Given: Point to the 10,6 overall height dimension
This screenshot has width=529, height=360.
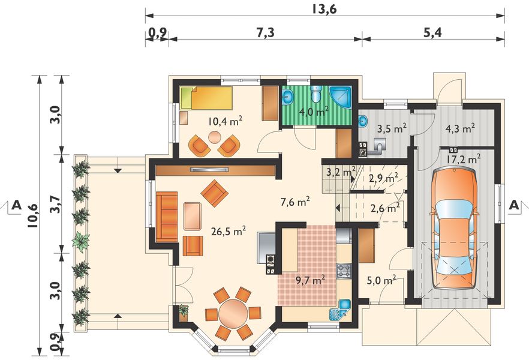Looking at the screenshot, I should [34, 217].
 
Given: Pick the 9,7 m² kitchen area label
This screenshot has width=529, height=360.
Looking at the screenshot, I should [311, 280].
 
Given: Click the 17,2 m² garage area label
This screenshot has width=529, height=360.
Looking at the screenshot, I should [464, 159].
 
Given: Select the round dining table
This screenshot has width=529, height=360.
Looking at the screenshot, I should [233, 313].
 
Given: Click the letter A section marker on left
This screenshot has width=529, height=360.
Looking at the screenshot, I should [17, 205].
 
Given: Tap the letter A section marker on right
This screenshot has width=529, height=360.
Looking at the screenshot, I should [513, 205].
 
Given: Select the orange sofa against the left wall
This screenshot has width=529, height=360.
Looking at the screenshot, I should [167, 217].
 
